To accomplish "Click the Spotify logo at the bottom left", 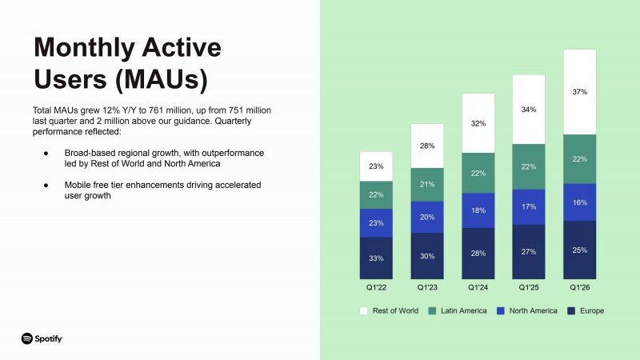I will pos(42,338).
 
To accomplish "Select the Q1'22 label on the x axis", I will pos(376,286).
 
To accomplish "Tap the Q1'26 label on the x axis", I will pos(580,286).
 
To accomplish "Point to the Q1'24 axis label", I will pos(478,286).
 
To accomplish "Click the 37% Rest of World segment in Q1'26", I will pos(580,92).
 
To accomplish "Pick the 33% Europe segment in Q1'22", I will pos(376,258).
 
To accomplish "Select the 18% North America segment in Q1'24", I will pos(478,210).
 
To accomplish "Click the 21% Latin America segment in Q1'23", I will pos(427,185).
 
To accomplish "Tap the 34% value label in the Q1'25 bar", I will pos(529,110).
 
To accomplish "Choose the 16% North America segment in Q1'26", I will pos(580,202).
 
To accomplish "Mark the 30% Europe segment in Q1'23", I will pos(427,256).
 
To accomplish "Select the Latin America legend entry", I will pos(458,310).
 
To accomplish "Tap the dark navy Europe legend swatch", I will pos(571,310).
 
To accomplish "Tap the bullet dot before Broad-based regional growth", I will pos(46,152).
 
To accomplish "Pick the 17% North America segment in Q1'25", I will pos(529,206).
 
